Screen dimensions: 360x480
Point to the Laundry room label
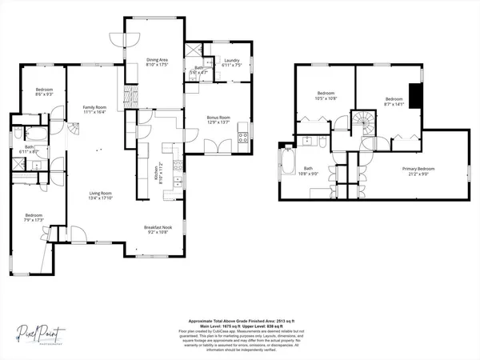[x=233, y=62]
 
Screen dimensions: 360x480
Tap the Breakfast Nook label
[x=155, y=230]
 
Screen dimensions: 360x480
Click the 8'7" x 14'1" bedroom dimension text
[x=394, y=103]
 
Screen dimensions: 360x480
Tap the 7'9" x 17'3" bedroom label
[x=34, y=218]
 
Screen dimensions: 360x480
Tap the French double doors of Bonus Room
[x=214, y=147]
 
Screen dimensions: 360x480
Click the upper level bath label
[x=308, y=170]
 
